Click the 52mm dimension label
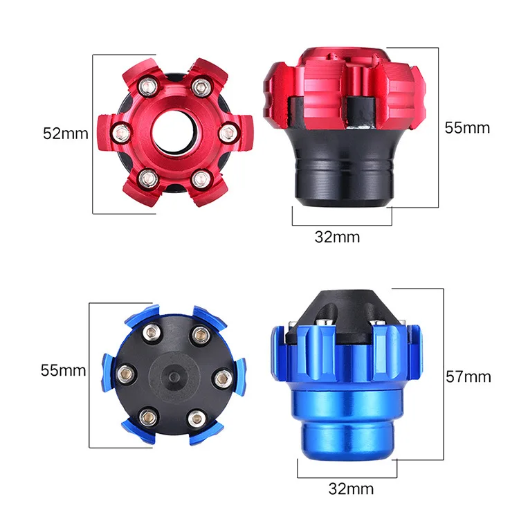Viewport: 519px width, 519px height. coord(66,134)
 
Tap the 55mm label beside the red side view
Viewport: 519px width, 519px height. coord(467,127)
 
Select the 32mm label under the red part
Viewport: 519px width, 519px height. coord(337,237)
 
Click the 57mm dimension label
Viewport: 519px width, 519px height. coord(468,376)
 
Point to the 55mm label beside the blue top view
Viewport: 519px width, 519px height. coord(63,370)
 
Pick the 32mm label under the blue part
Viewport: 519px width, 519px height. coord(352,489)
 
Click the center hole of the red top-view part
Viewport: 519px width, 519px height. coord(173,131)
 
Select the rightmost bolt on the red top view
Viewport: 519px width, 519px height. coord(226,131)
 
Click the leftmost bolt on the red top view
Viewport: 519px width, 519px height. coord(120,131)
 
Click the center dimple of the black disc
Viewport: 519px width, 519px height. coord(174,376)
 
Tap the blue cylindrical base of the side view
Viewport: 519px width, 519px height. coord(346,426)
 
